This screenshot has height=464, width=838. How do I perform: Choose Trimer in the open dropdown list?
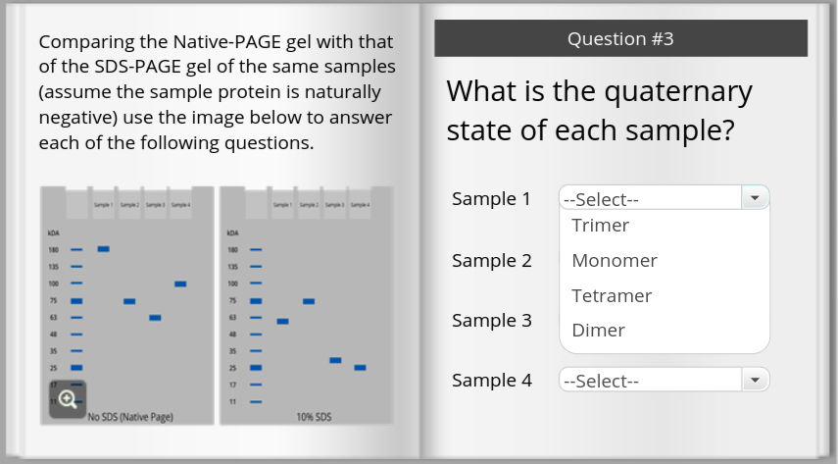(600, 226)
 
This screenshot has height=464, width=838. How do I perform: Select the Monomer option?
(614, 261)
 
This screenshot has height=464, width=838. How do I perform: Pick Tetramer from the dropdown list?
(612, 295)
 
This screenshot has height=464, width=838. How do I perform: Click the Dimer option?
(598, 331)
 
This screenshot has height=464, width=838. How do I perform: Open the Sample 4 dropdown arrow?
(754, 381)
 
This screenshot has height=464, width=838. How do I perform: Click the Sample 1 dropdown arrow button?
(754, 198)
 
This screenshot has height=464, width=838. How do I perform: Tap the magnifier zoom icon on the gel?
(68, 398)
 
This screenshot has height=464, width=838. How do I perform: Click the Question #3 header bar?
(620, 39)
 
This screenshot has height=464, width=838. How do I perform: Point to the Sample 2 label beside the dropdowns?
(491, 261)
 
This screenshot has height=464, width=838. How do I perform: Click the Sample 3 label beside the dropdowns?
(491, 321)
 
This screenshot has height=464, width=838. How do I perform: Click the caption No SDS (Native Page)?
(130, 417)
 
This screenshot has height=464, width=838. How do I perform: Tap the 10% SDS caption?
(314, 417)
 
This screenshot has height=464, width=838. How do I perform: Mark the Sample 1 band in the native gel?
(103, 249)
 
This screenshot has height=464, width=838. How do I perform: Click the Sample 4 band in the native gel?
(180, 284)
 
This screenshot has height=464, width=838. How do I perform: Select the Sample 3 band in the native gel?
(155, 318)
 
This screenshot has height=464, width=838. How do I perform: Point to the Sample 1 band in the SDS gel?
(282, 321)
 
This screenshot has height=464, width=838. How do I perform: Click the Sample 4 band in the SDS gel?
(360, 367)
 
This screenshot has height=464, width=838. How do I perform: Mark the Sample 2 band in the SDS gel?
(309, 301)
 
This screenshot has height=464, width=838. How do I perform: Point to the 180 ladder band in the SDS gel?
(256, 249)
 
